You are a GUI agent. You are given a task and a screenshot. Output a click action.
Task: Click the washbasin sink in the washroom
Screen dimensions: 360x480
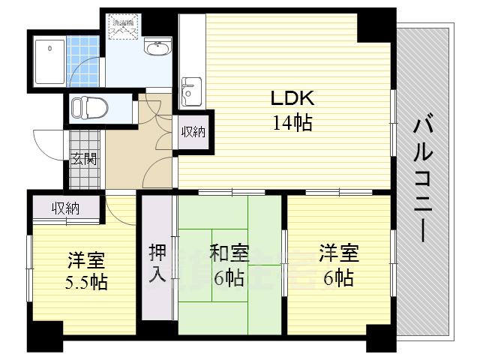157,49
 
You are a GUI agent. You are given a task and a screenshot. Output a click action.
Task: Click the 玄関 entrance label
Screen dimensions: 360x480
83,158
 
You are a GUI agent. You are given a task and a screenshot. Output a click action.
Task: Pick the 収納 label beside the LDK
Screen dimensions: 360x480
193,133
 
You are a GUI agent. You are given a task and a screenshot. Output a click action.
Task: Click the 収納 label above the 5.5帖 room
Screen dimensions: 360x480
65,208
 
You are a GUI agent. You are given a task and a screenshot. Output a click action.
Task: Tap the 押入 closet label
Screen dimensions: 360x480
157,262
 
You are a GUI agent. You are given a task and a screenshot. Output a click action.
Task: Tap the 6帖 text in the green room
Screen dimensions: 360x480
229,278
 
